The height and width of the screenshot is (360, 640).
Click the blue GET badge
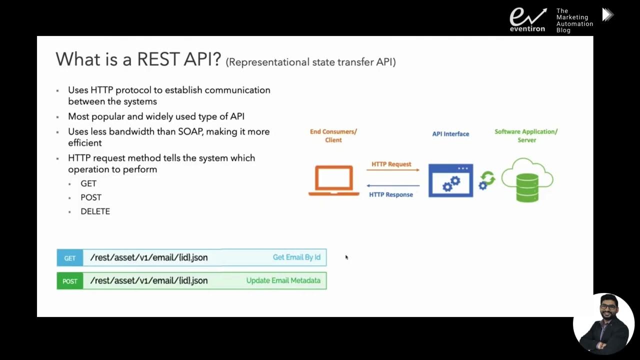tap(70, 258)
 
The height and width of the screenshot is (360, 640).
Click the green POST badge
tap(70, 281)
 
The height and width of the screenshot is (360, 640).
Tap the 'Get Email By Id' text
tap(296, 257)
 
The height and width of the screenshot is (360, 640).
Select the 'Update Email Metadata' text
tap(283, 280)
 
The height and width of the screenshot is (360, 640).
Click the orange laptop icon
tap(333, 180)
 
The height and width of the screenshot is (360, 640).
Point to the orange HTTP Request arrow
tap(392, 170)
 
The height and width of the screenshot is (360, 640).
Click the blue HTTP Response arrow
tap(392, 186)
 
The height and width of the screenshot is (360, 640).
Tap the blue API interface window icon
tap(450, 180)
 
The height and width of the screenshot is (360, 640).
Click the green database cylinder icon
tap(527, 187)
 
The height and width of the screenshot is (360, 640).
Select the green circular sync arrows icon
tap(487, 178)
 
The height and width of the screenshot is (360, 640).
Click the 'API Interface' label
tap(450, 134)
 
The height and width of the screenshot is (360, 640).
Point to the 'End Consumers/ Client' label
tap(333, 135)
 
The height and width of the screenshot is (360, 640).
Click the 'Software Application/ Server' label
tap(526, 135)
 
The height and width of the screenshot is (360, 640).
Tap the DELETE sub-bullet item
tap(95, 211)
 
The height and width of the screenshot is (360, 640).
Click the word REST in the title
tap(157, 59)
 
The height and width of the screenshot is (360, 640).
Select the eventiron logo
tap(527, 19)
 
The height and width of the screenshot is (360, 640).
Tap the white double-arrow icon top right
tap(607, 15)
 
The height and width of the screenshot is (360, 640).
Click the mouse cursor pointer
tap(346, 257)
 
